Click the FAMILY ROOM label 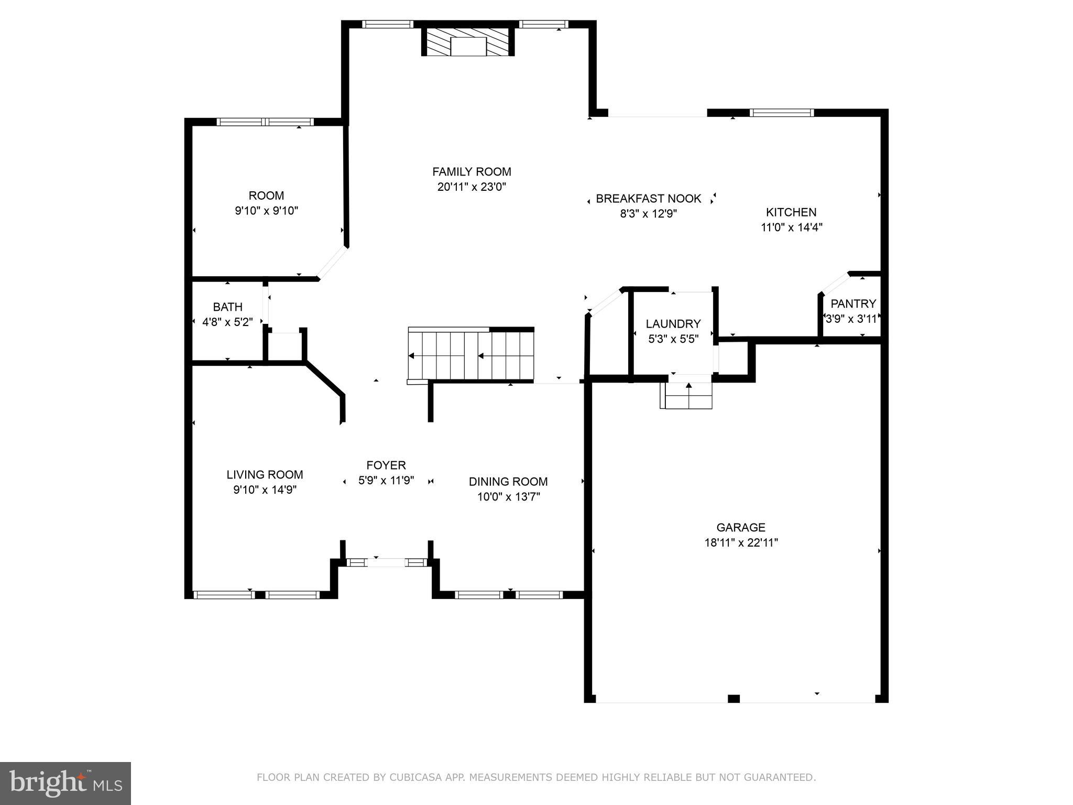pyautogui.click(x=472, y=172)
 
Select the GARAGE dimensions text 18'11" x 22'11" pyautogui.click(x=741, y=542)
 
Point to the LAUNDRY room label pyautogui.click(x=673, y=324)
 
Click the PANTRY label pyautogui.click(x=853, y=303)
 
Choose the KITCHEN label pyautogui.click(x=791, y=212)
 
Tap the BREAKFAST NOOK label pyautogui.click(x=649, y=199)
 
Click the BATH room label pyautogui.click(x=227, y=307)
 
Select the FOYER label pyautogui.click(x=386, y=465)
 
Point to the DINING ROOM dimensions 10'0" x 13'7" pyautogui.click(x=508, y=496)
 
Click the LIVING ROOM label pyautogui.click(x=265, y=475)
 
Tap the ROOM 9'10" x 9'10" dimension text pyautogui.click(x=267, y=211)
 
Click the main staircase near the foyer pyautogui.click(x=471, y=355)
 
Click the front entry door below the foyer pyautogui.click(x=387, y=562)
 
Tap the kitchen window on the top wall pyautogui.click(x=782, y=113)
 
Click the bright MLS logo pyautogui.click(x=65, y=783)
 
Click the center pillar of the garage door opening pyautogui.click(x=733, y=698)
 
